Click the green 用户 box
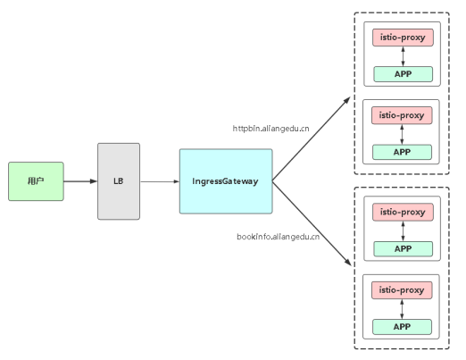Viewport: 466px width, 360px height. pos(36,181)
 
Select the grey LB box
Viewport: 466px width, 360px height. pos(119,181)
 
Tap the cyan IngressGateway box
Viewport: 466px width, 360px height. pos(226,181)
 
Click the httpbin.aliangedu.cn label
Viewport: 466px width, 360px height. pos(270,129)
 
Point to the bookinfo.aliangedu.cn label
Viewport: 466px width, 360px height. pos(279,237)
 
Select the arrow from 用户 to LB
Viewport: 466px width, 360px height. pos(80,181)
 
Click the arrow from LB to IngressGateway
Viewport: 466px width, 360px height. pos(160,181)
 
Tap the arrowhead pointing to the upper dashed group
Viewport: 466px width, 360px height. pos(347,100)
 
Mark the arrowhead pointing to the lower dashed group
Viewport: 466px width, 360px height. pos(347,262)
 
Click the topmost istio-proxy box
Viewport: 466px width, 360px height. pos(403,38)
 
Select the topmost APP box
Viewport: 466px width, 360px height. pos(404,74)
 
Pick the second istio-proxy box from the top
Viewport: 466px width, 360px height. pos(402,115)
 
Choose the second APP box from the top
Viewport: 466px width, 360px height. pos(402,152)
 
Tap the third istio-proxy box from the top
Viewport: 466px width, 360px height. pos(403,213)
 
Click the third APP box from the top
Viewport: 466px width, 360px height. pos(404,249)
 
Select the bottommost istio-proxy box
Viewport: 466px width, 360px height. pos(402,290)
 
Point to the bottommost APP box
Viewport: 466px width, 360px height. pos(402,327)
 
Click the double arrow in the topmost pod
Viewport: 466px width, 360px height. pos(404,56)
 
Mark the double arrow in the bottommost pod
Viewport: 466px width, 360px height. pos(402,309)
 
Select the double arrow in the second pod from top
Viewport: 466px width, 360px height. pos(402,134)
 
